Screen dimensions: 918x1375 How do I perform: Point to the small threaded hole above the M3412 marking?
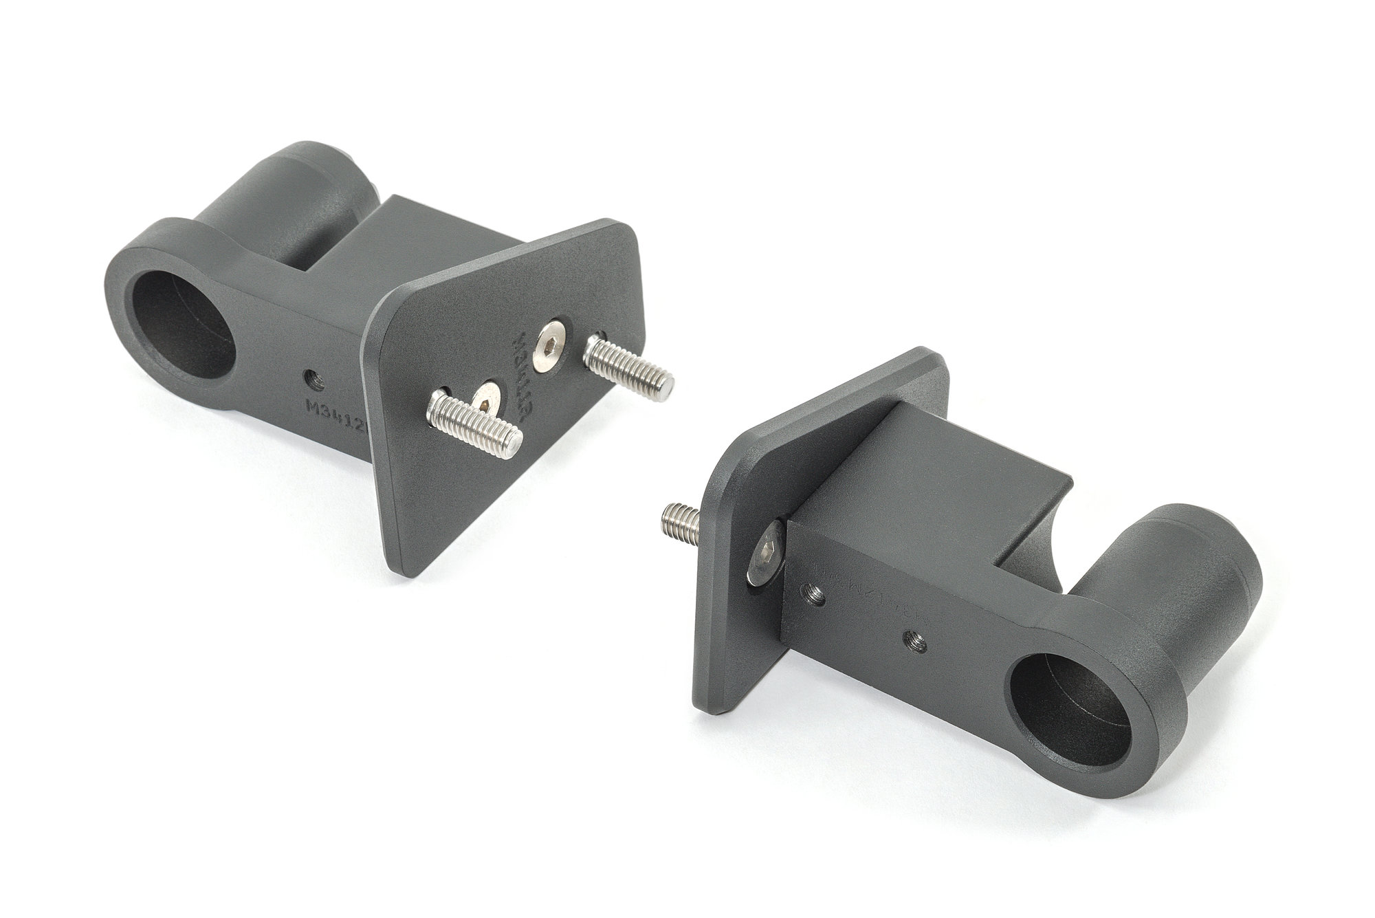click(x=312, y=376)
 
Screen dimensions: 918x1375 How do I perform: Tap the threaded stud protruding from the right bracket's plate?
click(x=681, y=519)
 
